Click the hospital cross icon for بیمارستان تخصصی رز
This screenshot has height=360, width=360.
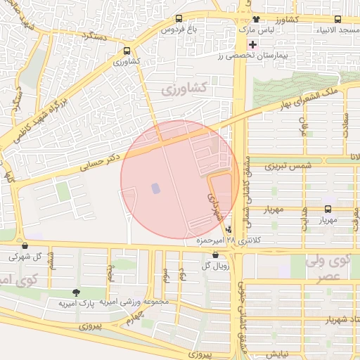point(252,44)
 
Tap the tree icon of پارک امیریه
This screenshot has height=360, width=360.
point(76,292)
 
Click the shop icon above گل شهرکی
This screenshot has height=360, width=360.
point(26,246)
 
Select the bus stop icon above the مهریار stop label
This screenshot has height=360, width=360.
point(328,209)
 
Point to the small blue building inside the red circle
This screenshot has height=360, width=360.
point(155,188)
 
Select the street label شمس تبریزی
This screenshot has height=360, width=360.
point(287,167)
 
